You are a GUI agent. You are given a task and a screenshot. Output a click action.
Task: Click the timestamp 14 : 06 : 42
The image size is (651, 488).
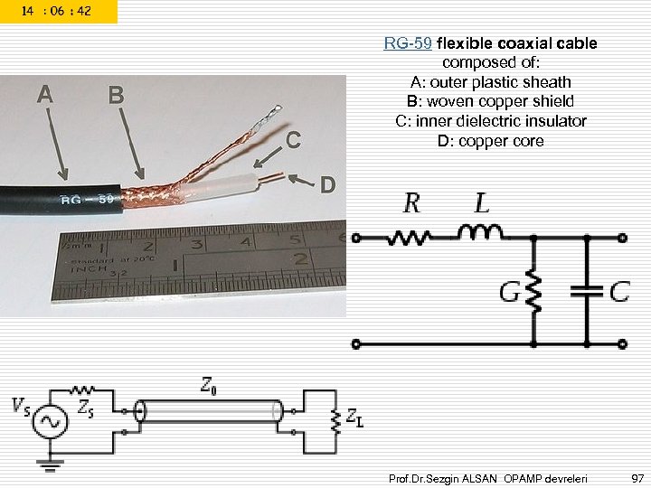pos(58,11)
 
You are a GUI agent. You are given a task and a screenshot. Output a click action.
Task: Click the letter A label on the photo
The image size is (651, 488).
pos(44,93)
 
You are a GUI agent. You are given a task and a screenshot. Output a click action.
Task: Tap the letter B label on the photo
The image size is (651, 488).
pos(115,94)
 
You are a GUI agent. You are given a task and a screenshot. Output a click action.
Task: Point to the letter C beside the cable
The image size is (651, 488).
pos(292,140)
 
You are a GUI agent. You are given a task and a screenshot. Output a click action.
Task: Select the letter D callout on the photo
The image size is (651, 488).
pos(327,185)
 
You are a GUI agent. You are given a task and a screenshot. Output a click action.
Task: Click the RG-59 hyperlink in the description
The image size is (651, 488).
pos(408,43)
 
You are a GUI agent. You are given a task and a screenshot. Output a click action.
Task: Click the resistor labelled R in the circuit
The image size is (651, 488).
pos(411,239)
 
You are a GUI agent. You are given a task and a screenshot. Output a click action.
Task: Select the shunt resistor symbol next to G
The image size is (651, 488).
pos(533,292)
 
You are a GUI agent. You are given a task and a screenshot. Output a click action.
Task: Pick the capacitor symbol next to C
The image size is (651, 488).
pos(587,292)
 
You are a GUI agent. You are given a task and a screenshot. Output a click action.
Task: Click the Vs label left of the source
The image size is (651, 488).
pos(20,408)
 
